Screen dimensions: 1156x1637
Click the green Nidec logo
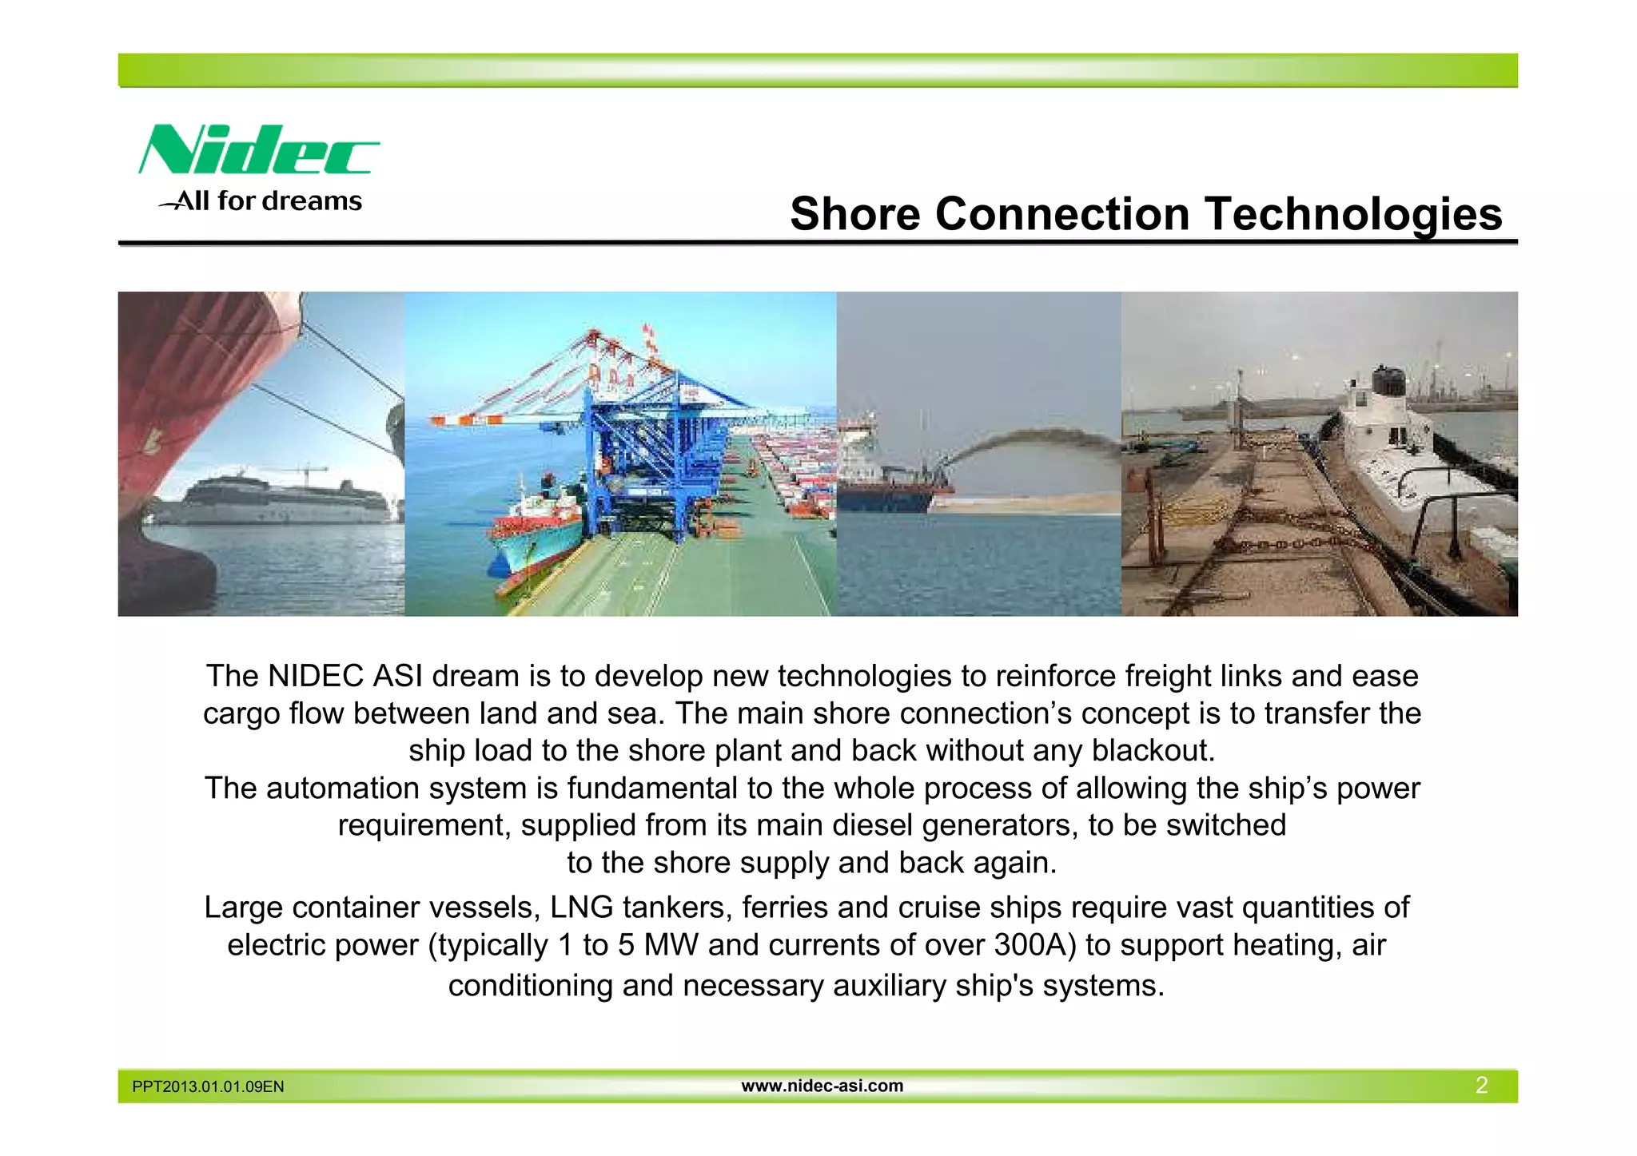(257, 149)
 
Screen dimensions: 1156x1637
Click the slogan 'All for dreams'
(261, 201)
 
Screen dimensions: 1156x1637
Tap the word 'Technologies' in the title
(1353, 214)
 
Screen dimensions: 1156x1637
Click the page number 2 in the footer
(1481, 1085)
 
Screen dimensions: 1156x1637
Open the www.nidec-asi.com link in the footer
(822, 1086)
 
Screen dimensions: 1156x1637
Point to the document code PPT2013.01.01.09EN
(208, 1086)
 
